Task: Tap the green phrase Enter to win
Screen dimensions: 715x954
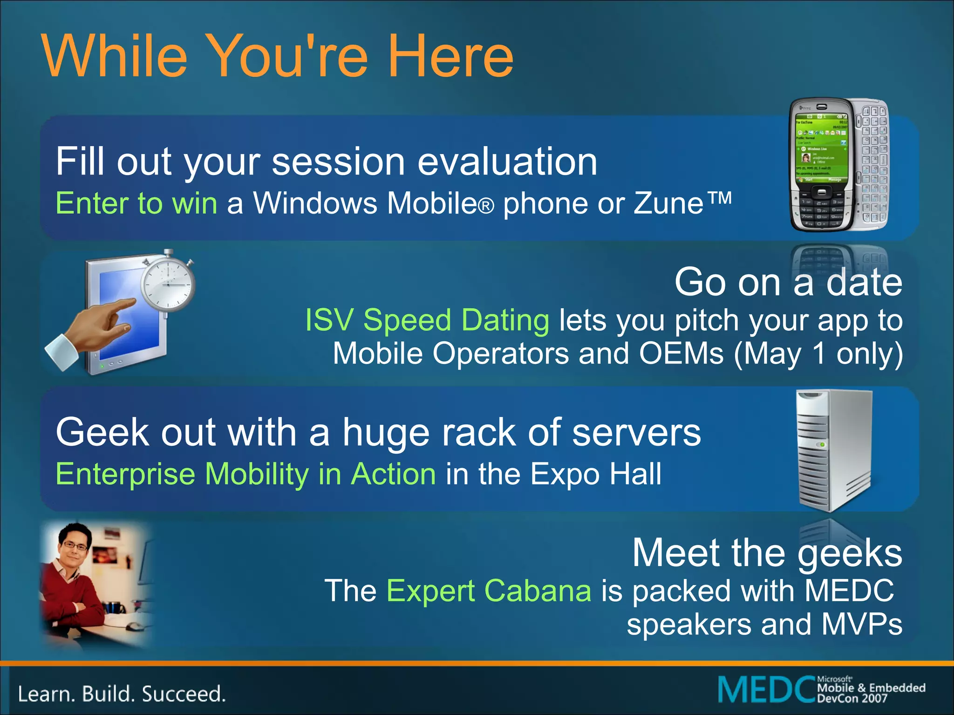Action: [136, 203]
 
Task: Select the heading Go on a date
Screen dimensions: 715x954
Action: [788, 283]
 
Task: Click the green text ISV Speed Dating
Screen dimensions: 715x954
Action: [427, 321]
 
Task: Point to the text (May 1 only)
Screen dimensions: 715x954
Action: [818, 354]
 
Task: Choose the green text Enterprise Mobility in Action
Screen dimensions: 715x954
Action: [245, 474]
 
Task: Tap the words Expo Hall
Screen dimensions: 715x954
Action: [596, 474]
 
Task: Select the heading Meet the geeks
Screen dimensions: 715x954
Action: [767, 553]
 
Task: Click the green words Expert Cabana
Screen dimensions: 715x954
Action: [489, 591]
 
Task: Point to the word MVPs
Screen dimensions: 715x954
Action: [862, 624]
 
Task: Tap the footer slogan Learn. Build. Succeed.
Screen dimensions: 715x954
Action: [122, 694]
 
